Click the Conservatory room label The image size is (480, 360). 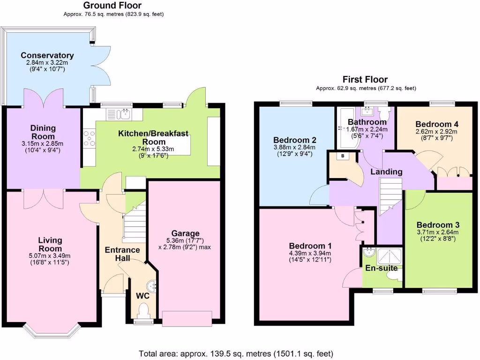47,55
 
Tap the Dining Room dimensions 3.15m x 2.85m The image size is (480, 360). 43,143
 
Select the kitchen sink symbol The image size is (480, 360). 120,114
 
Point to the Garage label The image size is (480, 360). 185,233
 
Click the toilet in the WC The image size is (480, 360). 143,310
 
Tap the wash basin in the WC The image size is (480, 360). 152,285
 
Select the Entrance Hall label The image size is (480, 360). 122,250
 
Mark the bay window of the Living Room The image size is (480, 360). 49,331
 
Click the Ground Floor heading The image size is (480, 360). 112,6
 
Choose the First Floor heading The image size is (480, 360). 366,79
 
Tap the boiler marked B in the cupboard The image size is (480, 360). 343,156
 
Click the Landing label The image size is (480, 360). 386,172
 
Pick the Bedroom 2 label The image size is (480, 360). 294,140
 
